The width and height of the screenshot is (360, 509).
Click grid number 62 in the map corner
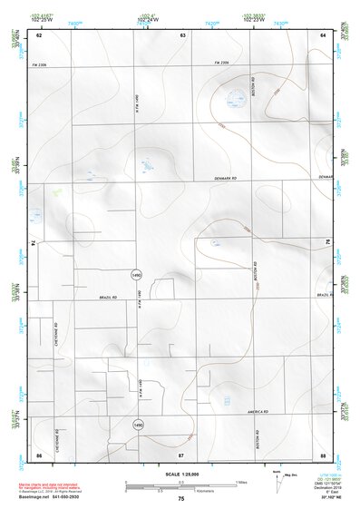point(39,34)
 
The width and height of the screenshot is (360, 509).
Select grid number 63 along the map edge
point(182,34)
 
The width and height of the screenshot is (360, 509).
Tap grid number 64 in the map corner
point(324,34)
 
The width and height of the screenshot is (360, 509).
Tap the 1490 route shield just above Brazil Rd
point(137,272)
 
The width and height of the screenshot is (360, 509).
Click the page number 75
point(181,499)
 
